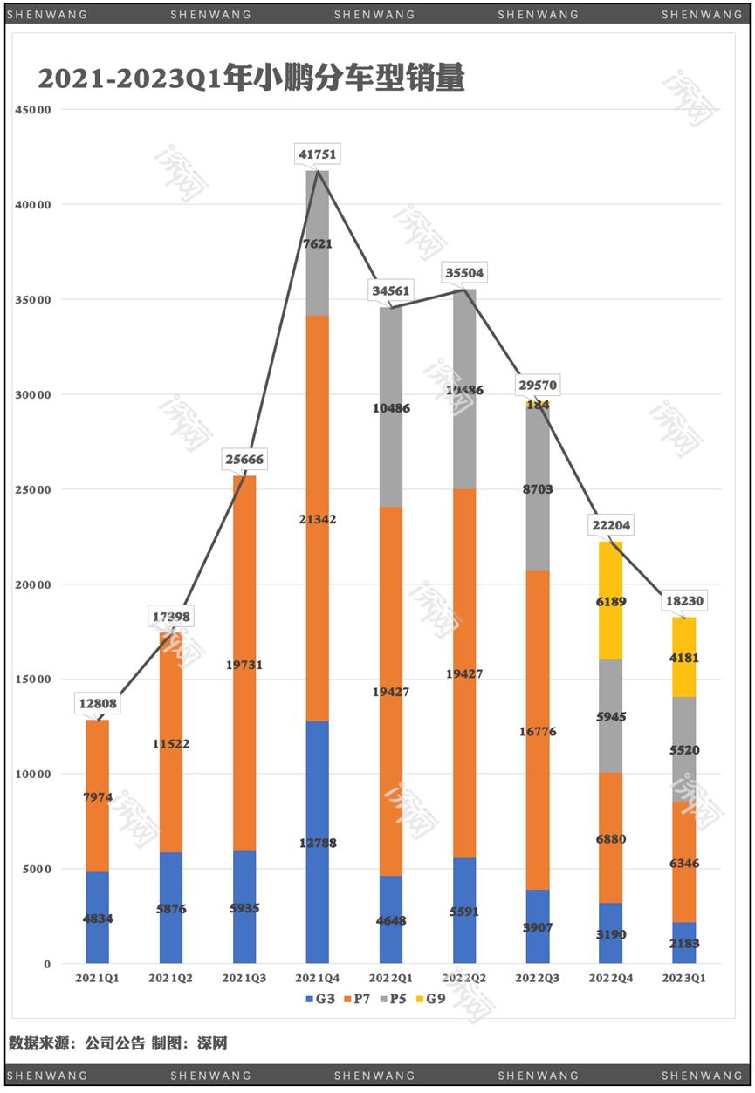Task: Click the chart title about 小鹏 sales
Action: [251, 79]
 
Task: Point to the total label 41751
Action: [317, 154]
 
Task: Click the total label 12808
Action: [97, 704]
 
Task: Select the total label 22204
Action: [610, 525]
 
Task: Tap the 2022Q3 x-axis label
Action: [537, 979]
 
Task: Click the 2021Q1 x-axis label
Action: [97, 979]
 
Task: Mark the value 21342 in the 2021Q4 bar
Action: [317, 519]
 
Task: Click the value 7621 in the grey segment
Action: [317, 244]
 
